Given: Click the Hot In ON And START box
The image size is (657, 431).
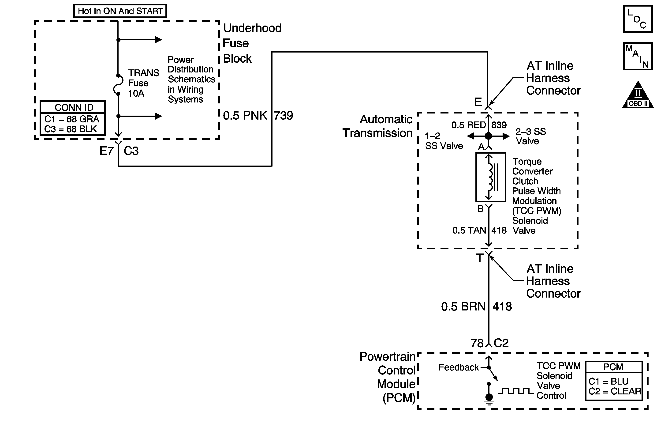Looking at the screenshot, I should pos(120,11).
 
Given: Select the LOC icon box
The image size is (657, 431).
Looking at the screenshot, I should pos(638,19).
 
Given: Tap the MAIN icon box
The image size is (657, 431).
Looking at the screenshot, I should pos(638,56).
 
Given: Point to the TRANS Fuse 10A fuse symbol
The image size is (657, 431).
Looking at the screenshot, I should pos(118,85).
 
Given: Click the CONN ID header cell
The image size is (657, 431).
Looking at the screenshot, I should pos(73,107).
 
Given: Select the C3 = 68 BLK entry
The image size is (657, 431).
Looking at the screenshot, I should pos(71,129).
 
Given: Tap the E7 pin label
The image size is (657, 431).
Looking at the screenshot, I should pos(107,151).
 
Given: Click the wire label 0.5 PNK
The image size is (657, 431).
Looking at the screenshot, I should pos(245,115).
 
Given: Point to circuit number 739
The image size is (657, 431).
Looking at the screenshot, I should pos(284,115).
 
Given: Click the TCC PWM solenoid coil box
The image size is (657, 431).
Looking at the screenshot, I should pos(491,177).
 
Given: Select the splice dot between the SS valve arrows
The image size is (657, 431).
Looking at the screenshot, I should pos(488,136).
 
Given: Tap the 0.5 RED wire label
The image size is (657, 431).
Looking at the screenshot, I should pos(468,125).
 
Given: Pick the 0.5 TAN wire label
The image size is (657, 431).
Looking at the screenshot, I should pos(469,230).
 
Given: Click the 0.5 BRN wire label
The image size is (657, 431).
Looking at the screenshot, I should pos(463,306).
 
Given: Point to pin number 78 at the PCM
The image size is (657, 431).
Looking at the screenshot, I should pos(477,343).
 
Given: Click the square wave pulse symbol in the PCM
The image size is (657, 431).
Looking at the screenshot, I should pos(515,391).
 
